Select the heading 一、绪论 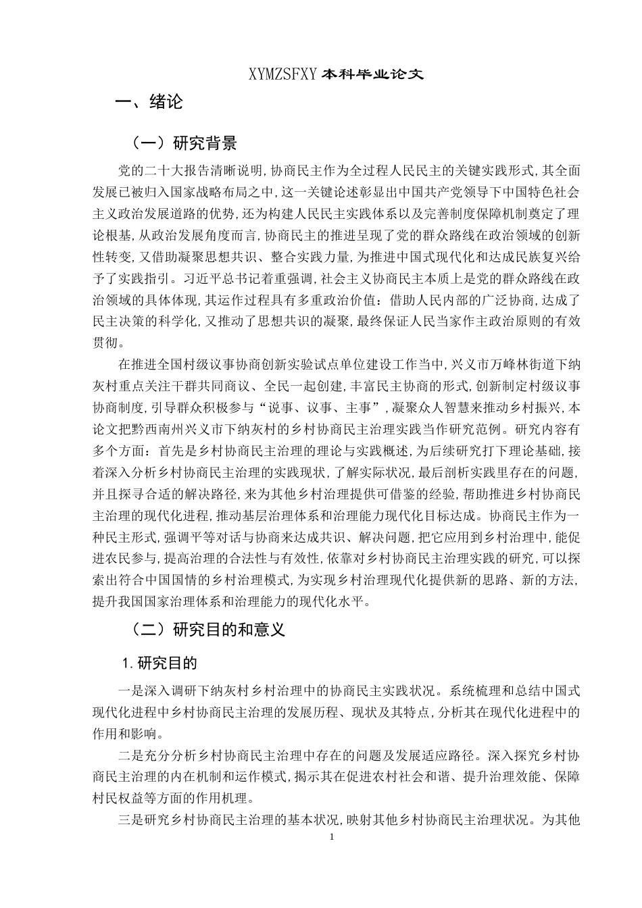[x=149, y=103]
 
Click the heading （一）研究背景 [x=183, y=143]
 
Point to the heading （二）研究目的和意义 [x=207, y=630]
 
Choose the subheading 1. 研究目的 [x=159, y=663]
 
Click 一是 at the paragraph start [x=128, y=692]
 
